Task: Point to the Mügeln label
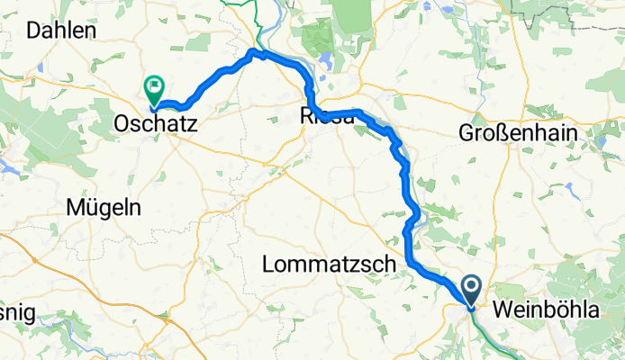pyautogui.click(x=104, y=208)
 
